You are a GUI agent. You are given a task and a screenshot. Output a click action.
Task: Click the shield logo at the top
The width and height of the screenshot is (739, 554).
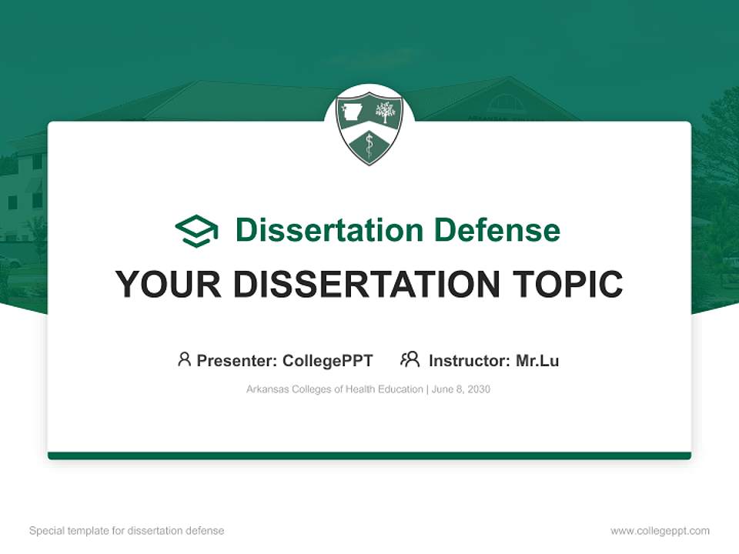coord(369,128)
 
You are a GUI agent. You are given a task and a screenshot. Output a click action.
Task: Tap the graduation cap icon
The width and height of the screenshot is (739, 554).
coord(196,231)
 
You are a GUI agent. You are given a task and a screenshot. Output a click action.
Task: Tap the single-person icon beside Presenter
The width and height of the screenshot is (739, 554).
coord(184,359)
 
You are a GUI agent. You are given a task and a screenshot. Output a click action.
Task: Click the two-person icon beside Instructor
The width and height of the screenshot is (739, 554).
coord(410,359)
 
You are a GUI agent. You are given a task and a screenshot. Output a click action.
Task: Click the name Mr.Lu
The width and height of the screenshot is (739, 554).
coord(537,360)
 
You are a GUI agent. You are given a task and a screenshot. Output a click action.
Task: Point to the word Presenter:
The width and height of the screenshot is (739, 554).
coord(237,360)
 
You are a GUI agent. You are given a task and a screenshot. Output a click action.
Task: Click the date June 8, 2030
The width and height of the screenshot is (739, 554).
coord(461,389)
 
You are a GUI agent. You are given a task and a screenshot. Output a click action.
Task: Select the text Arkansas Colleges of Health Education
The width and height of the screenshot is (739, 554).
coord(334,389)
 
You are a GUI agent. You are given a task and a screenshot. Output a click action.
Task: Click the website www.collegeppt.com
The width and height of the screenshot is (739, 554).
coord(660,531)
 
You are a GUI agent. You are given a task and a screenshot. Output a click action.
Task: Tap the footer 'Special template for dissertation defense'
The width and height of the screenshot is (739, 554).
coord(126,531)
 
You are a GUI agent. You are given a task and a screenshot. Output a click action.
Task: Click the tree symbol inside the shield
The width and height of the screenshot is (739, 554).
coord(385,112)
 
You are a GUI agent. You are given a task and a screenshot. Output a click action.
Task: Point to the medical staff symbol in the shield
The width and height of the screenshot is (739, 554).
coord(369,145)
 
